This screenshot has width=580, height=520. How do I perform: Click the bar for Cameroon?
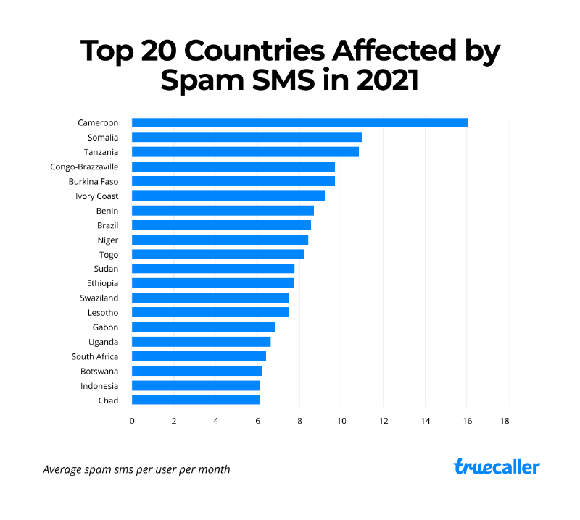coord(299,122)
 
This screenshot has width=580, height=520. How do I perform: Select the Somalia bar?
coord(246,137)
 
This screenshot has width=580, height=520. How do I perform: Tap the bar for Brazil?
coord(221,225)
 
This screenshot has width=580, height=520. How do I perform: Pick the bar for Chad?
coord(195,400)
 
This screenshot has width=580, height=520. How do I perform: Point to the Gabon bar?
coord(203,327)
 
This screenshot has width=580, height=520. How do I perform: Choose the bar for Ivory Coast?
coord(228,196)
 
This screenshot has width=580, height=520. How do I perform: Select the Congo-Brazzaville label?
coord(83,167)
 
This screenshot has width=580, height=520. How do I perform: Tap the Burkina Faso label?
coord(93,181)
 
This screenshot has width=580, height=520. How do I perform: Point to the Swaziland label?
coord(99,298)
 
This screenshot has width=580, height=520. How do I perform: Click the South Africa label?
coord(94,356)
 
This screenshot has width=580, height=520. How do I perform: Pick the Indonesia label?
coord(99,385)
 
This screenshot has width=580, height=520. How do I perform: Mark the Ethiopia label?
coord(102,283)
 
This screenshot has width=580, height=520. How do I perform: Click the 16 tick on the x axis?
coord(467,420)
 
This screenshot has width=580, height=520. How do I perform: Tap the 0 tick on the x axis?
coord(132,420)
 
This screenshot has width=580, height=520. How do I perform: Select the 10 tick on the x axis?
coord(341,420)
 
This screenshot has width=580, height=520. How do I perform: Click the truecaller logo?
coord(497,467)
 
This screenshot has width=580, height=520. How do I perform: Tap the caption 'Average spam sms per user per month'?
coord(136,469)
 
